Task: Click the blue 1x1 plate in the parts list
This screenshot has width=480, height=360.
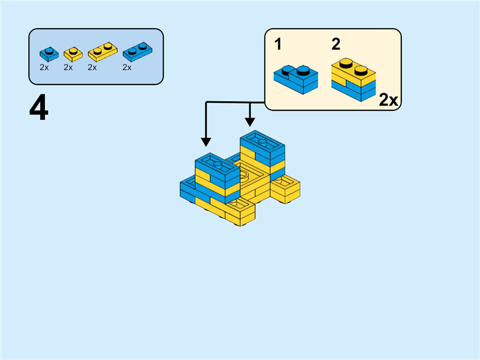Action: tap(49, 53)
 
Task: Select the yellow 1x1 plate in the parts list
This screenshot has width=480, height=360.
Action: tap(73, 54)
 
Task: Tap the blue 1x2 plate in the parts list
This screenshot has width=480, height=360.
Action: tap(136, 52)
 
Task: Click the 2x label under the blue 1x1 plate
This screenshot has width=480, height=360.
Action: tap(44, 68)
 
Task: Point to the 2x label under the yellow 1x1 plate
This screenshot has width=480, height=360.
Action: tap(68, 68)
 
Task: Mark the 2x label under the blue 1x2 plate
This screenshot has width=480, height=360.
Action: tap(127, 68)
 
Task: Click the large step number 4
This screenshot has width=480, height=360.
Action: tap(38, 109)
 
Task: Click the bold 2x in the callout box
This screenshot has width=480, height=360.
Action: tap(388, 100)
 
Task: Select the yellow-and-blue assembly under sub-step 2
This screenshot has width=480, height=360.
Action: tap(353, 80)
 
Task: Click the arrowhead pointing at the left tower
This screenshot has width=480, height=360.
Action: tap(206, 142)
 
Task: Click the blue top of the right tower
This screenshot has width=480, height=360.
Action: tap(262, 143)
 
